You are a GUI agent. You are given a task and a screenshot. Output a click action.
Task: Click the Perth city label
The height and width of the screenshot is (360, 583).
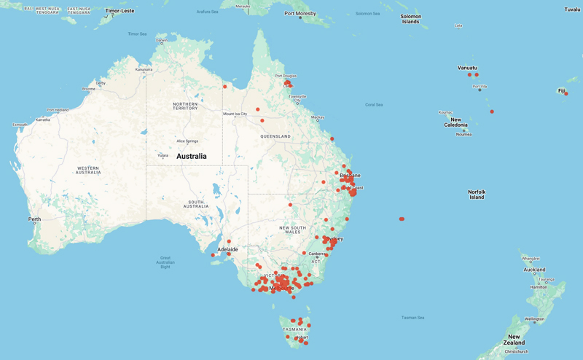pos(34,219)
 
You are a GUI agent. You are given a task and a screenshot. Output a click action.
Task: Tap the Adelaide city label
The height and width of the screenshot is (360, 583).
pos(228,249)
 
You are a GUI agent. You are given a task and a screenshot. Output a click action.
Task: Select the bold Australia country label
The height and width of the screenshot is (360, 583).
pos(191,157)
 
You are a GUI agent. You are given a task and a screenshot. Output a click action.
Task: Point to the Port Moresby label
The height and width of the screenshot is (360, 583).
pos(300,14)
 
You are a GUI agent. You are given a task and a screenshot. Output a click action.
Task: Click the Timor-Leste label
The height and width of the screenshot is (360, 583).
pos(120,11)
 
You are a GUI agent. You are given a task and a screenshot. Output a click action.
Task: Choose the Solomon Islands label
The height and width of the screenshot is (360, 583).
pos(410,19)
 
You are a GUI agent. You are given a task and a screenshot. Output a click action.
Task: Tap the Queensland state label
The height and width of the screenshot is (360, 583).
pos(275,136)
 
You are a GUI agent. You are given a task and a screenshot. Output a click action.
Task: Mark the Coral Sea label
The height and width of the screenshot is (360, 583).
pos(374,105)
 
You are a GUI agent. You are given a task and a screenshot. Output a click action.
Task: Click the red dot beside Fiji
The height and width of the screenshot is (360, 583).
pos(566,93)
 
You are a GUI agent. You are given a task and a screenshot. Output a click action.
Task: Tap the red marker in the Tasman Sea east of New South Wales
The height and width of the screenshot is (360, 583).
pos(402,219)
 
